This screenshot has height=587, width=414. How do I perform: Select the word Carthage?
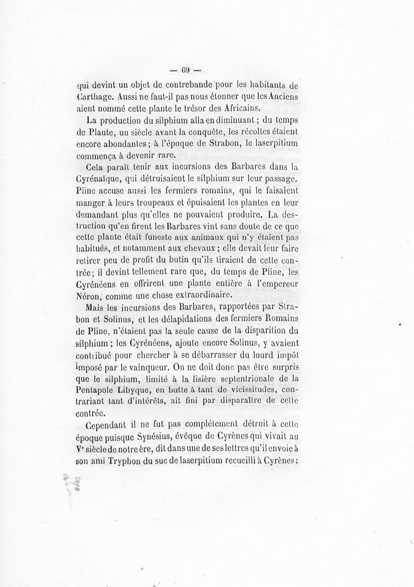[93, 96]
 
